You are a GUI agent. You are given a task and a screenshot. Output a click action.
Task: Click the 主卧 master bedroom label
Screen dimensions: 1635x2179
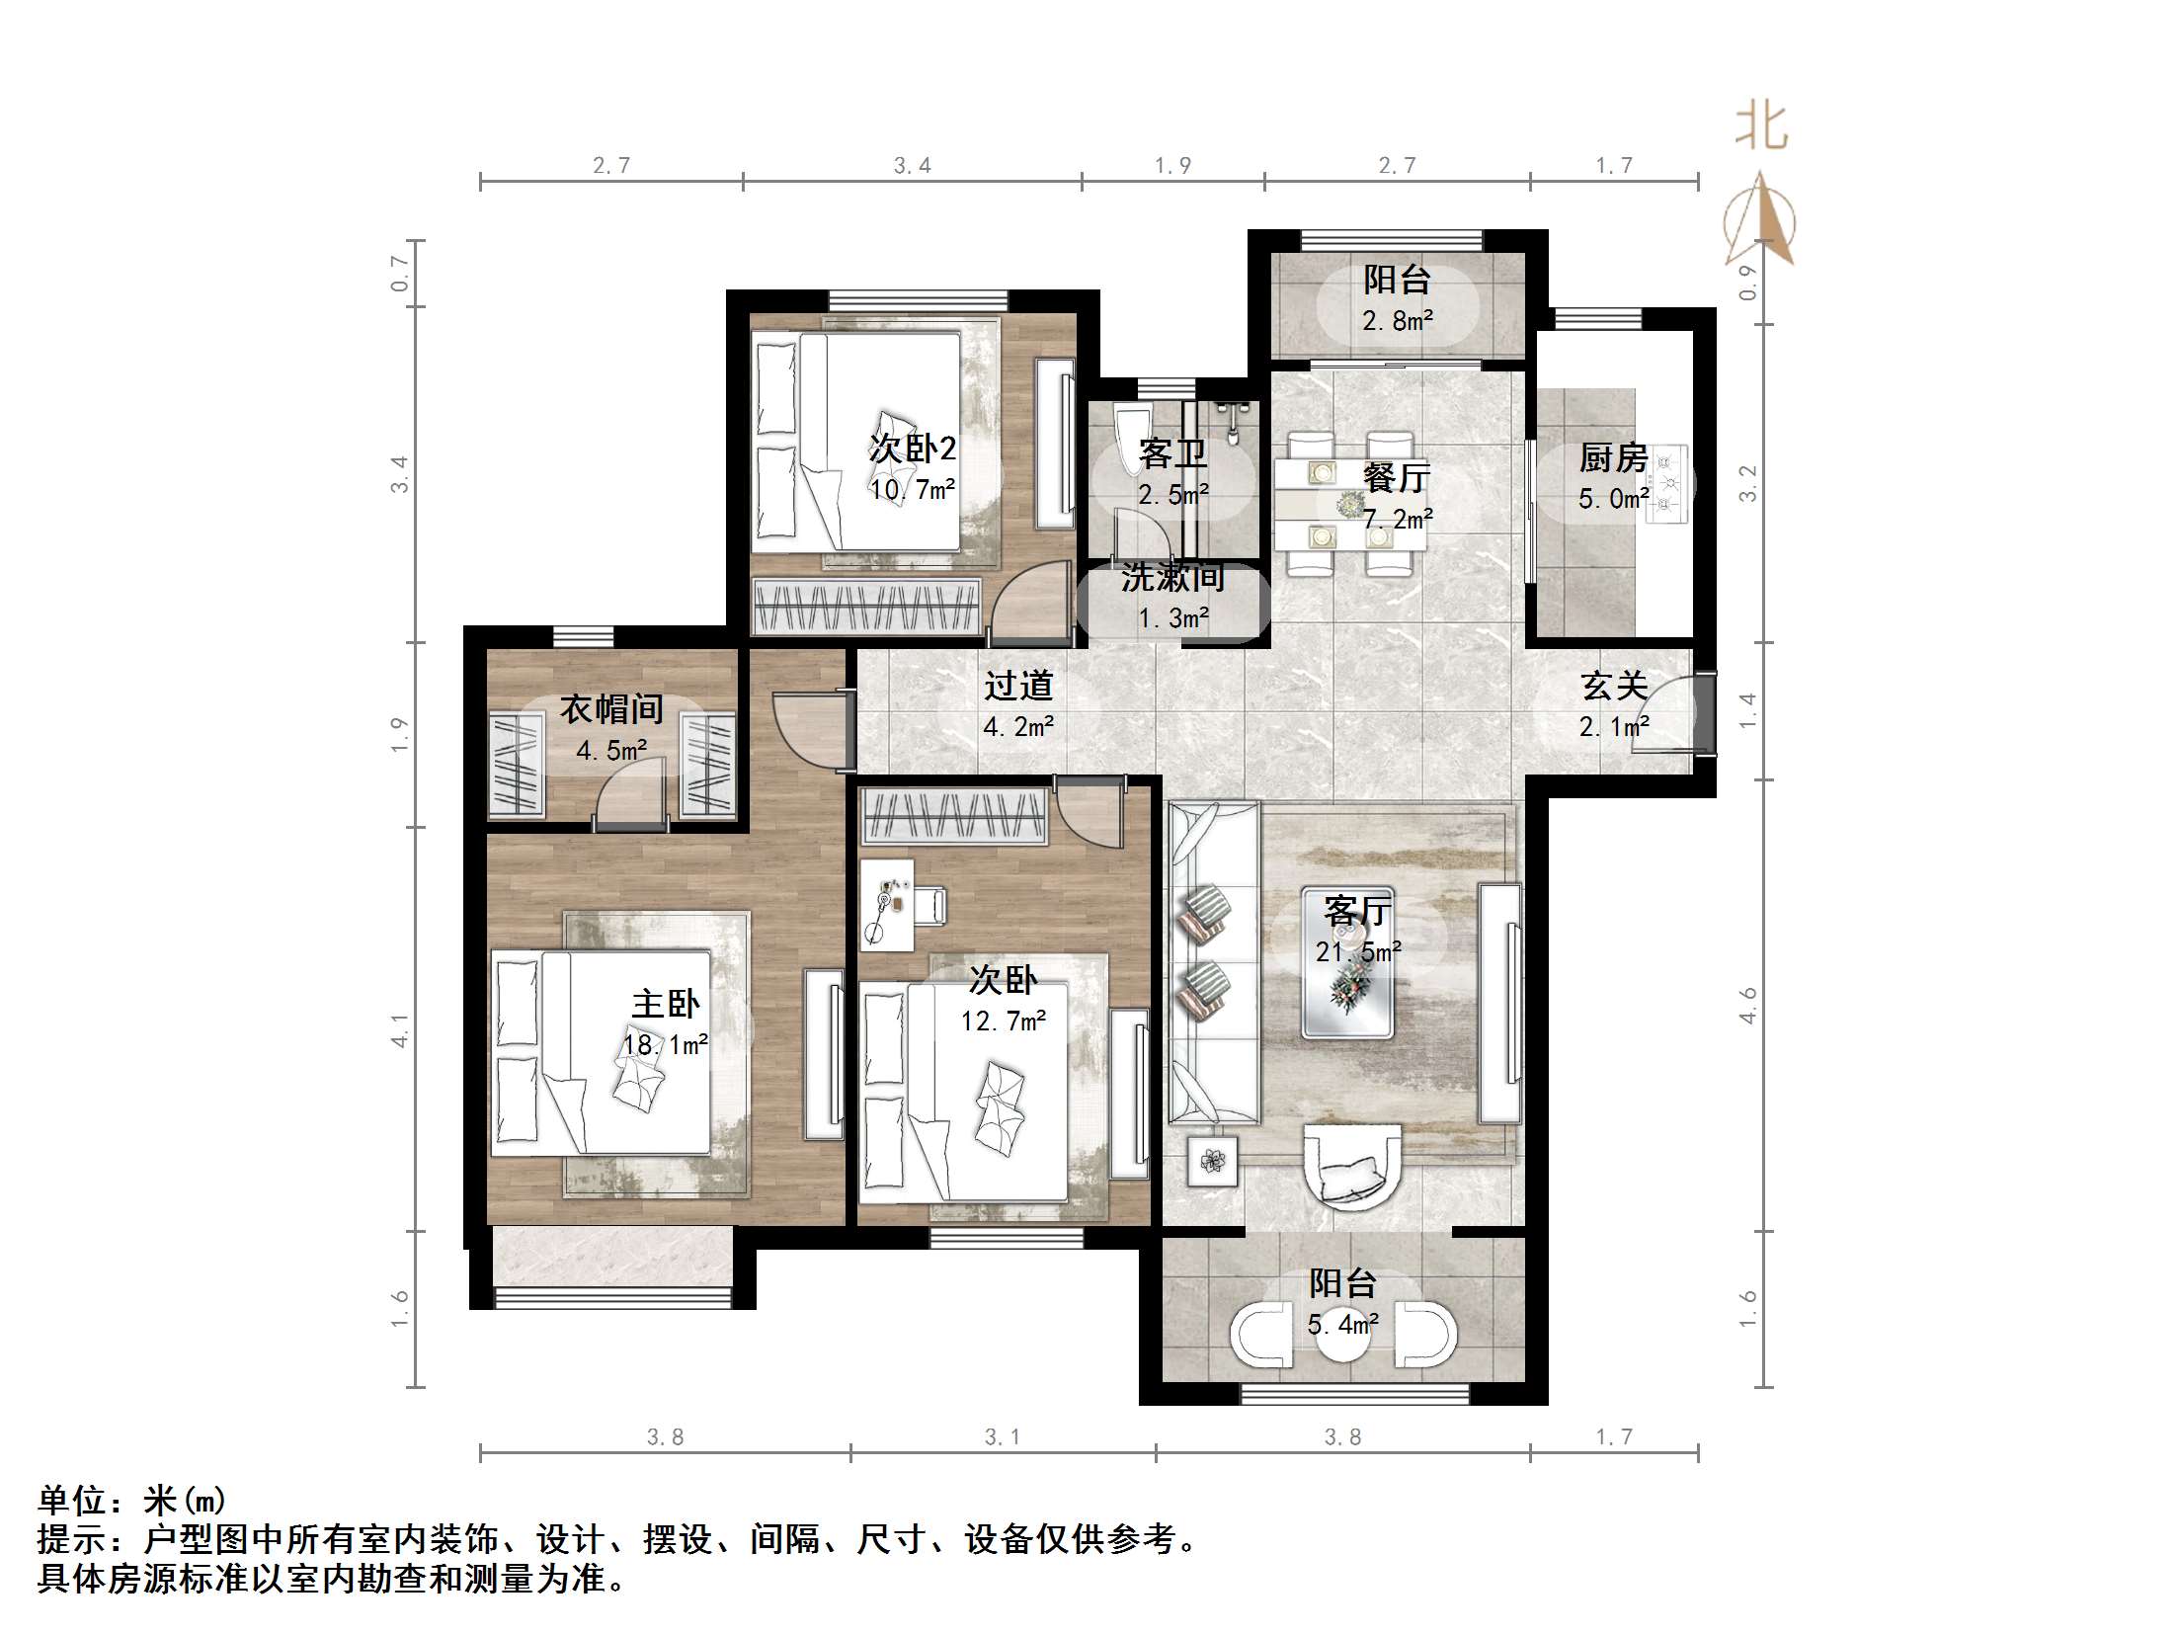[x=666, y=1005]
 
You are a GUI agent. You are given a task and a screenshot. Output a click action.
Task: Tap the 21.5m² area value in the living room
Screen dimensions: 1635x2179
[x=1358, y=951]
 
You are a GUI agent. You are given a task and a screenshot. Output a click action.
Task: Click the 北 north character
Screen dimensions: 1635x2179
[x=1761, y=127]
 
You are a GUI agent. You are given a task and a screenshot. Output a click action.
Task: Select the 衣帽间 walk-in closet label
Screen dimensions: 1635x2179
[x=611, y=709]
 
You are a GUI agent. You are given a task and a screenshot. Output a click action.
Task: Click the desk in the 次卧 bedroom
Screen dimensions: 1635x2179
[x=886, y=904]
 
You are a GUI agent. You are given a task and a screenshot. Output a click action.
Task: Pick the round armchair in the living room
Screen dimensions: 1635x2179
[x=1352, y=1166]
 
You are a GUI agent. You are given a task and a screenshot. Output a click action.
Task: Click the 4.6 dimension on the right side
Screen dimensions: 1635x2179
[x=1748, y=1005]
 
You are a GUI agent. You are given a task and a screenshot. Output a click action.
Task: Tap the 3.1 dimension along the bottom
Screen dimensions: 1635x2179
[x=1002, y=1436]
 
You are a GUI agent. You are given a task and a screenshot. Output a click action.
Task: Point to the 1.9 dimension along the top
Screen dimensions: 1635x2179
[x=1172, y=165]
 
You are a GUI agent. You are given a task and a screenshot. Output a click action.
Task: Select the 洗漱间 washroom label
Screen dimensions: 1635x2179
[x=1172, y=578]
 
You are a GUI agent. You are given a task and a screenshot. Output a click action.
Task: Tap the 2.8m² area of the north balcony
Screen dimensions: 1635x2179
[x=1398, y=320]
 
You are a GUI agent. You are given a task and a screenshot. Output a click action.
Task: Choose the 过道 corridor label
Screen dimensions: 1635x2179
[x=1018, y=686]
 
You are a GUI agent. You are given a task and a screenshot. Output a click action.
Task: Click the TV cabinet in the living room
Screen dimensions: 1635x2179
[x=1499, y=1003]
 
